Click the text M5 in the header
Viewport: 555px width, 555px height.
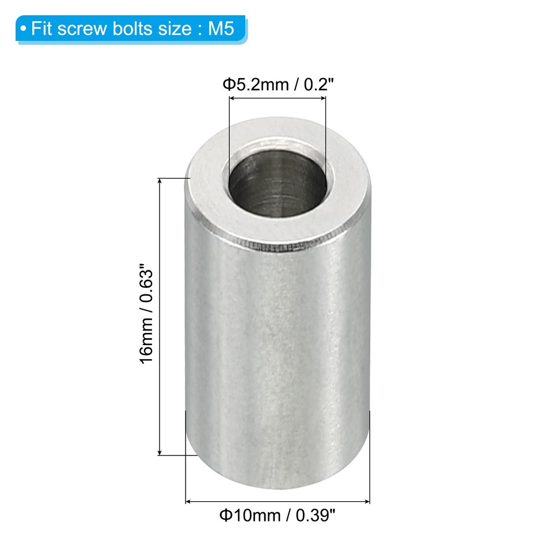pos(222,29)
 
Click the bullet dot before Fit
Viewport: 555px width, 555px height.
pos(23,29)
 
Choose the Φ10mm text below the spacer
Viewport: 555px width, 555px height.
pos(249,515)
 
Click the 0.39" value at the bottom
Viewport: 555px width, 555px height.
pos(314,515)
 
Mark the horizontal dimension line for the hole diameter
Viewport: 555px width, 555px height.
pos(277,99)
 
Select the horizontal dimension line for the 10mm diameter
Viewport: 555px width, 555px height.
pos(277,501)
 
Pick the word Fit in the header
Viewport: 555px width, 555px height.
pos(42,29)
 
